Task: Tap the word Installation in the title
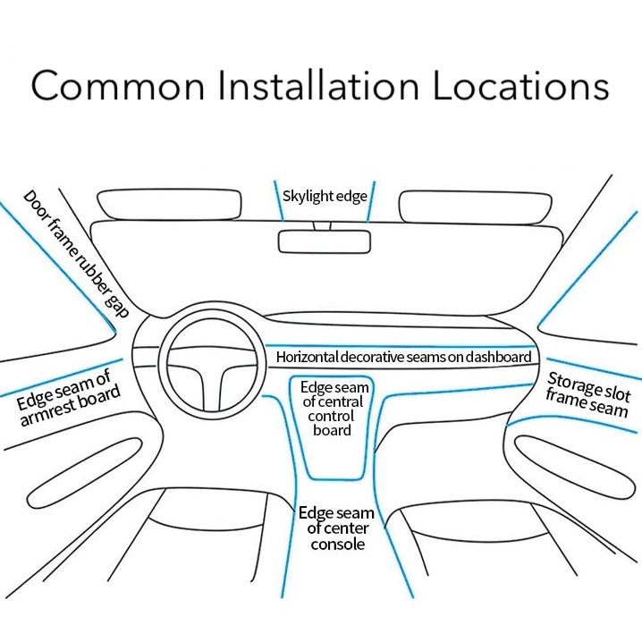[x=317, y=86]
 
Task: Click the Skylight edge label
[x=325, y=196]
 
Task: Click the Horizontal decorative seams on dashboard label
[x=403, y=357]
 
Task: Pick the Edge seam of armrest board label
[x=68, y=395]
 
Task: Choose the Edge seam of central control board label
[x=334, y=409]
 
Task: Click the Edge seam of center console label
[x=336, y=528]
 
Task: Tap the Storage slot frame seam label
[x=588, y=394]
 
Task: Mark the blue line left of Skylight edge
[x=278, y=201]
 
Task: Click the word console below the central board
[x=337, y=544]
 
